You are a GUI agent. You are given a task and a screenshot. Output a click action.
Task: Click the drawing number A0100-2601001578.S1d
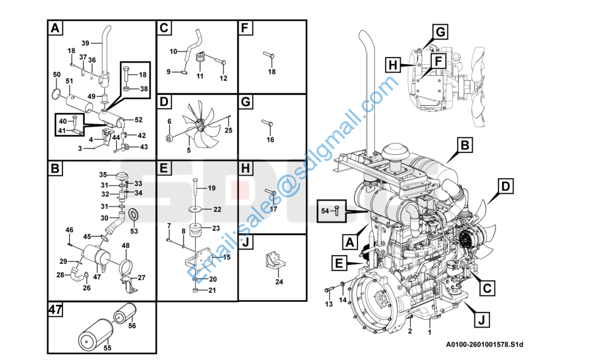tap(485, 344)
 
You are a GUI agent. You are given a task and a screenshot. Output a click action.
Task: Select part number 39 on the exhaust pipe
tap(85, 43)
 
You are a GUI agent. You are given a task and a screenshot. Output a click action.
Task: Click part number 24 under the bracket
tap(279, 281)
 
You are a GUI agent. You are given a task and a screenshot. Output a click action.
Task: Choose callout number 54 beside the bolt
tap(325, 211)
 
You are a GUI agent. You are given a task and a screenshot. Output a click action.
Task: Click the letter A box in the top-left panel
tap(55, 28)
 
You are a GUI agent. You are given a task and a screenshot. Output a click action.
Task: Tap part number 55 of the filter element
tap(108, 347)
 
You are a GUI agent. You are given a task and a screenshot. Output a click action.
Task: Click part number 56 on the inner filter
tap(132, 326)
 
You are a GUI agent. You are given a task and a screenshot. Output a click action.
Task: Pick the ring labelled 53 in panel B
tap(134, 213)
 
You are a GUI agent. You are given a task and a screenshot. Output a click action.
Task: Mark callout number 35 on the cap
tap(103, 174)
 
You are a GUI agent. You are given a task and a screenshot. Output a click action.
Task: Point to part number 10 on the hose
tap(173, 50)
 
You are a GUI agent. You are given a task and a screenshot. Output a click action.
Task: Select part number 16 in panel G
tap(271, 140)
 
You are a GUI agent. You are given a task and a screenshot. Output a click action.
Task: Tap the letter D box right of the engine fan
tap(506, 187)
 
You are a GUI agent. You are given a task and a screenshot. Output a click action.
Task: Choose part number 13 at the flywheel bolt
tap(328, 304)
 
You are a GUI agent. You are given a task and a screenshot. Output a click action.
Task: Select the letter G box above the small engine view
tap(440, 31)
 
